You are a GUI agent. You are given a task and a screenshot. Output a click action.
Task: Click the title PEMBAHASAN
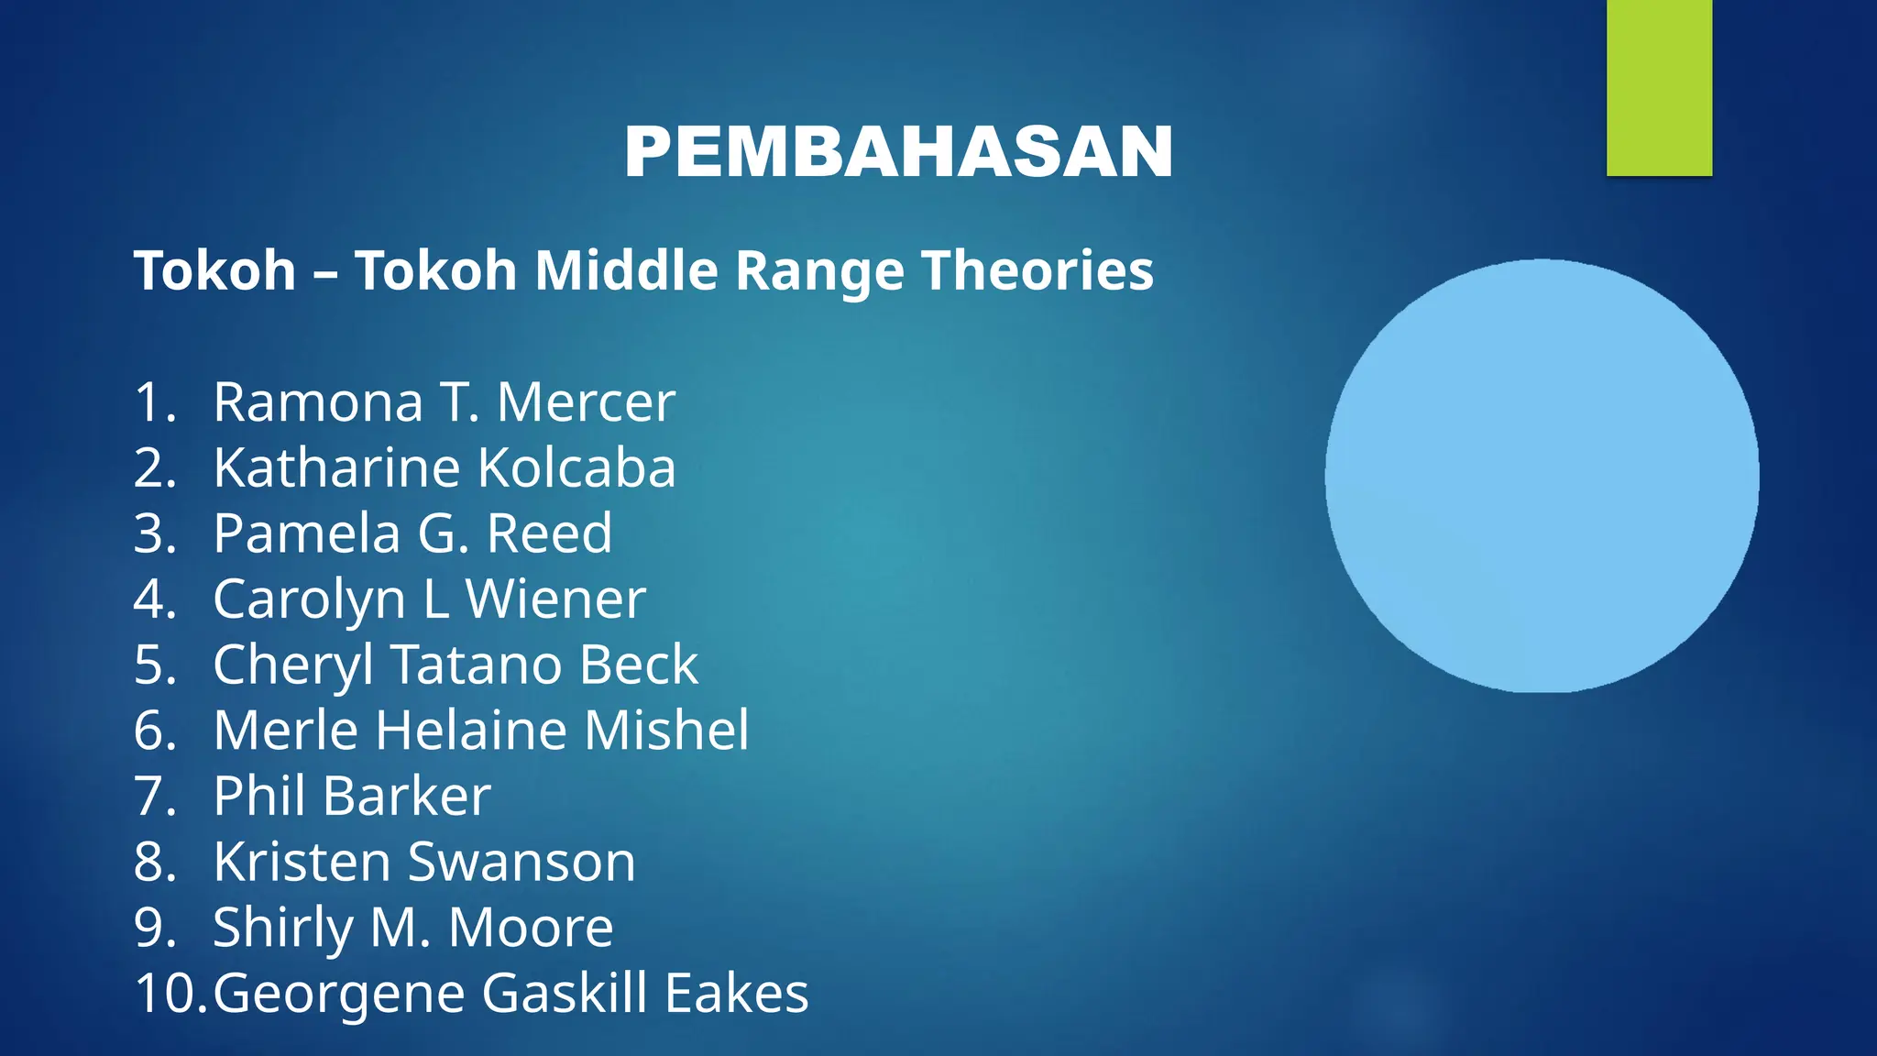898,152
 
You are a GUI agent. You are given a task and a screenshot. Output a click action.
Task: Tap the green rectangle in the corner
1659,87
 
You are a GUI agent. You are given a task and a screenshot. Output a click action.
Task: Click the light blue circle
1542,476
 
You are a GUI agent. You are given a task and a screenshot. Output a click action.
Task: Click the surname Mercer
586,402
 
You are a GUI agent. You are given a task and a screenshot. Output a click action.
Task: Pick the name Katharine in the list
336,468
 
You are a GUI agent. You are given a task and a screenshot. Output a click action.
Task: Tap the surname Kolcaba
576,468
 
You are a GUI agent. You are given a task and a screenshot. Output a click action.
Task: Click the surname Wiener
555,599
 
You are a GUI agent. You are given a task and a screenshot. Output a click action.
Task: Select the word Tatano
477,665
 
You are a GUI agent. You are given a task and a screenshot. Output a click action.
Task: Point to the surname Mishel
666,731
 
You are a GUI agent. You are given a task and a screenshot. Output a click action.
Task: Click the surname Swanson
521,862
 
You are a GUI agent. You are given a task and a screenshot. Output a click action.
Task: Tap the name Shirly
281,928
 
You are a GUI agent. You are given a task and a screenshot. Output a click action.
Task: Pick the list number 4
154,599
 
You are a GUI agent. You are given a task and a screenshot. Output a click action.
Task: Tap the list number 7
154,796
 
